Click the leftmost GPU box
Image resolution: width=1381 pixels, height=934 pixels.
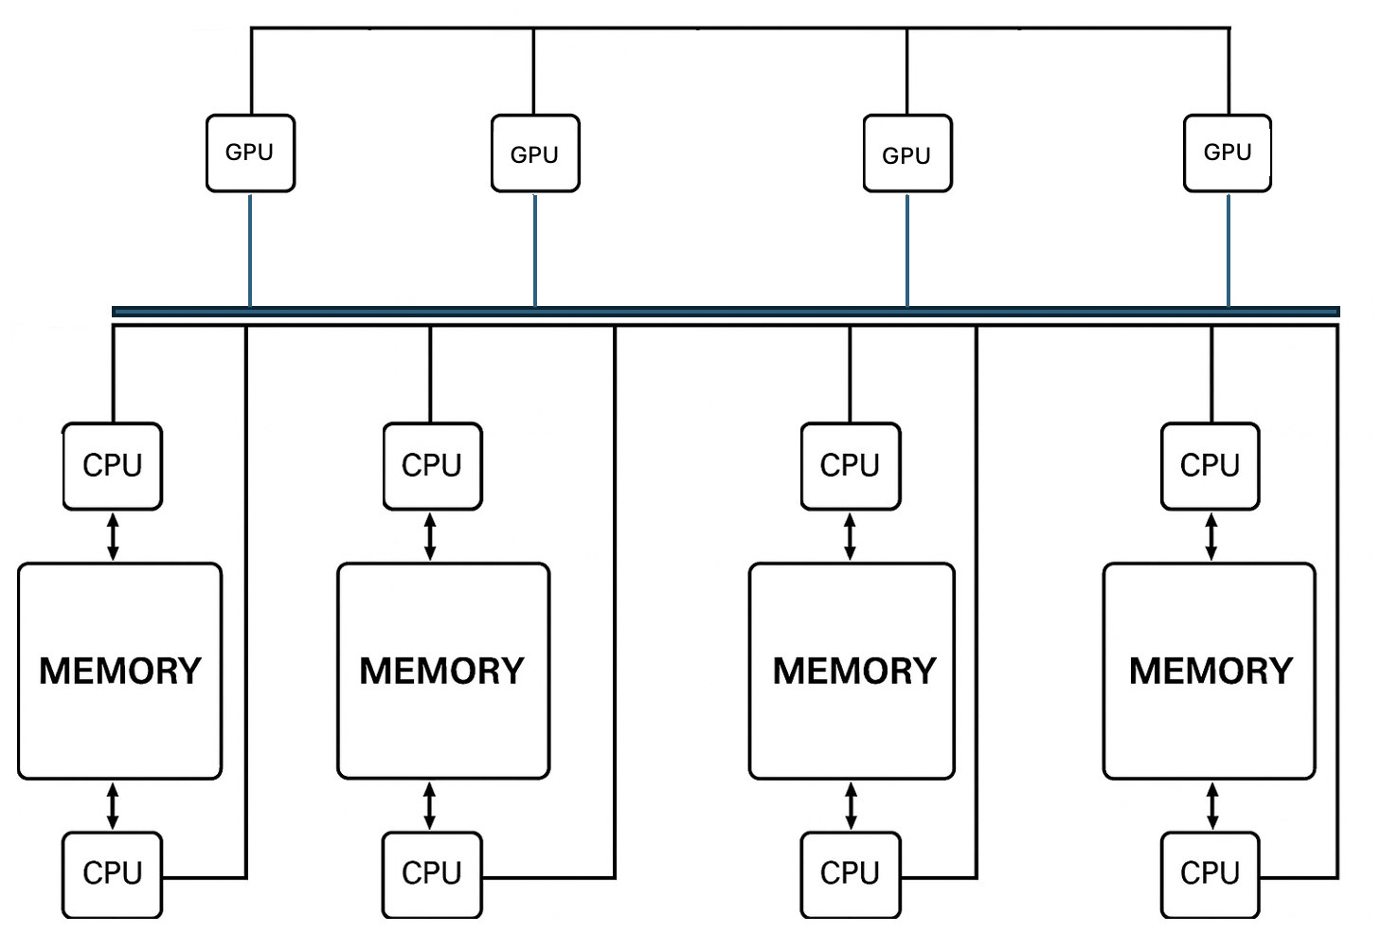[x=250, y=153]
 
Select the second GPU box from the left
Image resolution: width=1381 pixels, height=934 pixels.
[x=535, y=153]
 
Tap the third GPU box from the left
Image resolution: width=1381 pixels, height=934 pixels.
[x=907, y=153]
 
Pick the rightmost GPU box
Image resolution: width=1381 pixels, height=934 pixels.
[x=1228, y=153]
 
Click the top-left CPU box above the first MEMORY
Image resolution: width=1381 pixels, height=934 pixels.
[x=113, y=466]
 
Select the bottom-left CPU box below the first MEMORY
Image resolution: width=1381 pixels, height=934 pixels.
[x=113, y=873]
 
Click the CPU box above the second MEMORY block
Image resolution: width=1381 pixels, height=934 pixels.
[x=432, y=466]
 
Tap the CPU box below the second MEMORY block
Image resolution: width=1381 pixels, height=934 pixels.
[x=432, y=873]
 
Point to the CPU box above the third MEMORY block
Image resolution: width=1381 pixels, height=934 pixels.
[x=851, y=466]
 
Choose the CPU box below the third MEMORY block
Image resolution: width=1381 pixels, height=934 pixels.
[x=851, y=873]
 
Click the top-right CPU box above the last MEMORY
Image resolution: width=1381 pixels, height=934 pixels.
[x=1211, y=466]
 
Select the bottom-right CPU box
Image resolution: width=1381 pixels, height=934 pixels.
[x=1211, y=873]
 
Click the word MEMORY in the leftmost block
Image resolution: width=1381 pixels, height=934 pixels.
[x=120, y=672]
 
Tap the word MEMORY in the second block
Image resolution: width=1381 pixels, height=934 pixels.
[x=441, y=672]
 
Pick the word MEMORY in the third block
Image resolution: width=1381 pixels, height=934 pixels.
[x=854, y=672]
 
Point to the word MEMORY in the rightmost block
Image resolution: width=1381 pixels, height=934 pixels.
[x=1211, y=672]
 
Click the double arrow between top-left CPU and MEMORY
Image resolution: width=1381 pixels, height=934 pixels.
[x=113, y=537]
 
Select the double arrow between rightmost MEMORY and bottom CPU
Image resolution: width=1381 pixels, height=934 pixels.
[x=1212, y=806]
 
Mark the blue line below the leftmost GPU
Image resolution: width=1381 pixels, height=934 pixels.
[x=250, y=250]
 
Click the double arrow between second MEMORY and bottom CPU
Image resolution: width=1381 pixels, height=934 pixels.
[x=430, y=806]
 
